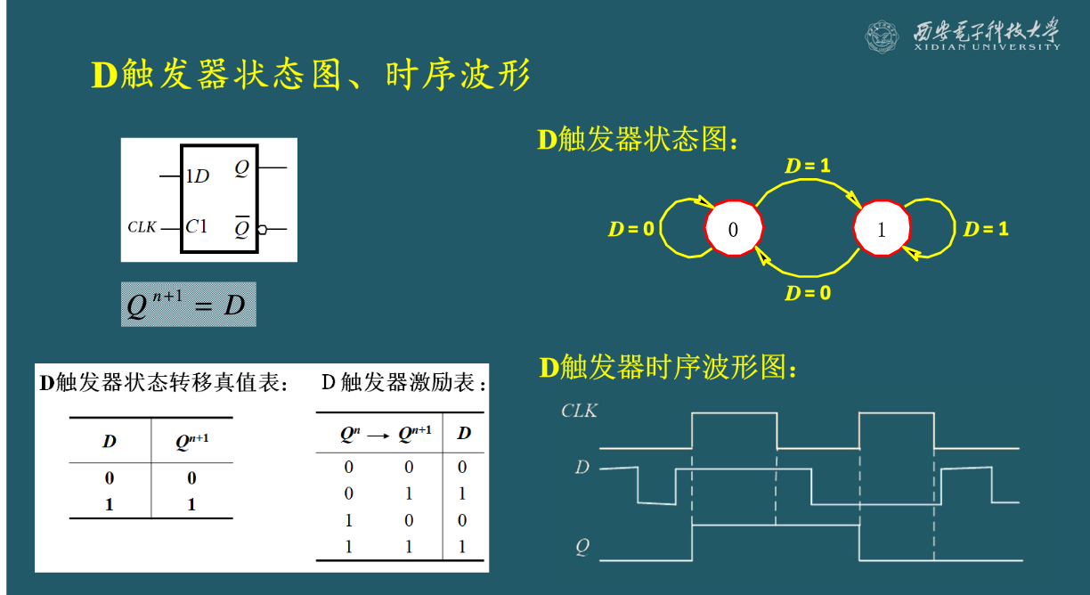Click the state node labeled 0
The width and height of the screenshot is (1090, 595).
click(x=734, y=229)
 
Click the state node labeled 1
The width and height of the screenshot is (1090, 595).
click(x=882, y=229)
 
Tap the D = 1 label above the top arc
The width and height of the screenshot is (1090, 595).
click(x=807, y=166)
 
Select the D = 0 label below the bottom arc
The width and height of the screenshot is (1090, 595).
click(x=808, y=293)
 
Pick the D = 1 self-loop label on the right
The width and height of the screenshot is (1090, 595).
click(x=986, y=229)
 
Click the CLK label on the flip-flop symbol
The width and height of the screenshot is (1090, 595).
click(x=142, y=227)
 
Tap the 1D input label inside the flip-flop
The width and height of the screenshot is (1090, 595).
click(x=197, y=176)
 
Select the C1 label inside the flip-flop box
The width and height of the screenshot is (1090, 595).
click(x=196, y=226)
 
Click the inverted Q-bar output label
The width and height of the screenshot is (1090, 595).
click(x=241, y=227)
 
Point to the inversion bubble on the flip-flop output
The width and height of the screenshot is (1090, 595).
click(x=262, y=230)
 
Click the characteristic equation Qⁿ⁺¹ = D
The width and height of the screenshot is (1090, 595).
click(x=188, y=305)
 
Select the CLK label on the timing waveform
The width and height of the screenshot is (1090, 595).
click(x=579, y=412)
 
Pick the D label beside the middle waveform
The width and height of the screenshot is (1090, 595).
click(x=582, y=467)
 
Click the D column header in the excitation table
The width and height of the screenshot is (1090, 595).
click(x=464, y=434)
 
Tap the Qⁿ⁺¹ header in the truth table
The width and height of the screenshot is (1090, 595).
click(x=191, y=441)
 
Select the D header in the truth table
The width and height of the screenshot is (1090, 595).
click(x=110, y=441)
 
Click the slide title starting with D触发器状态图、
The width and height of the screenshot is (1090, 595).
click(x=311, y=76)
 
